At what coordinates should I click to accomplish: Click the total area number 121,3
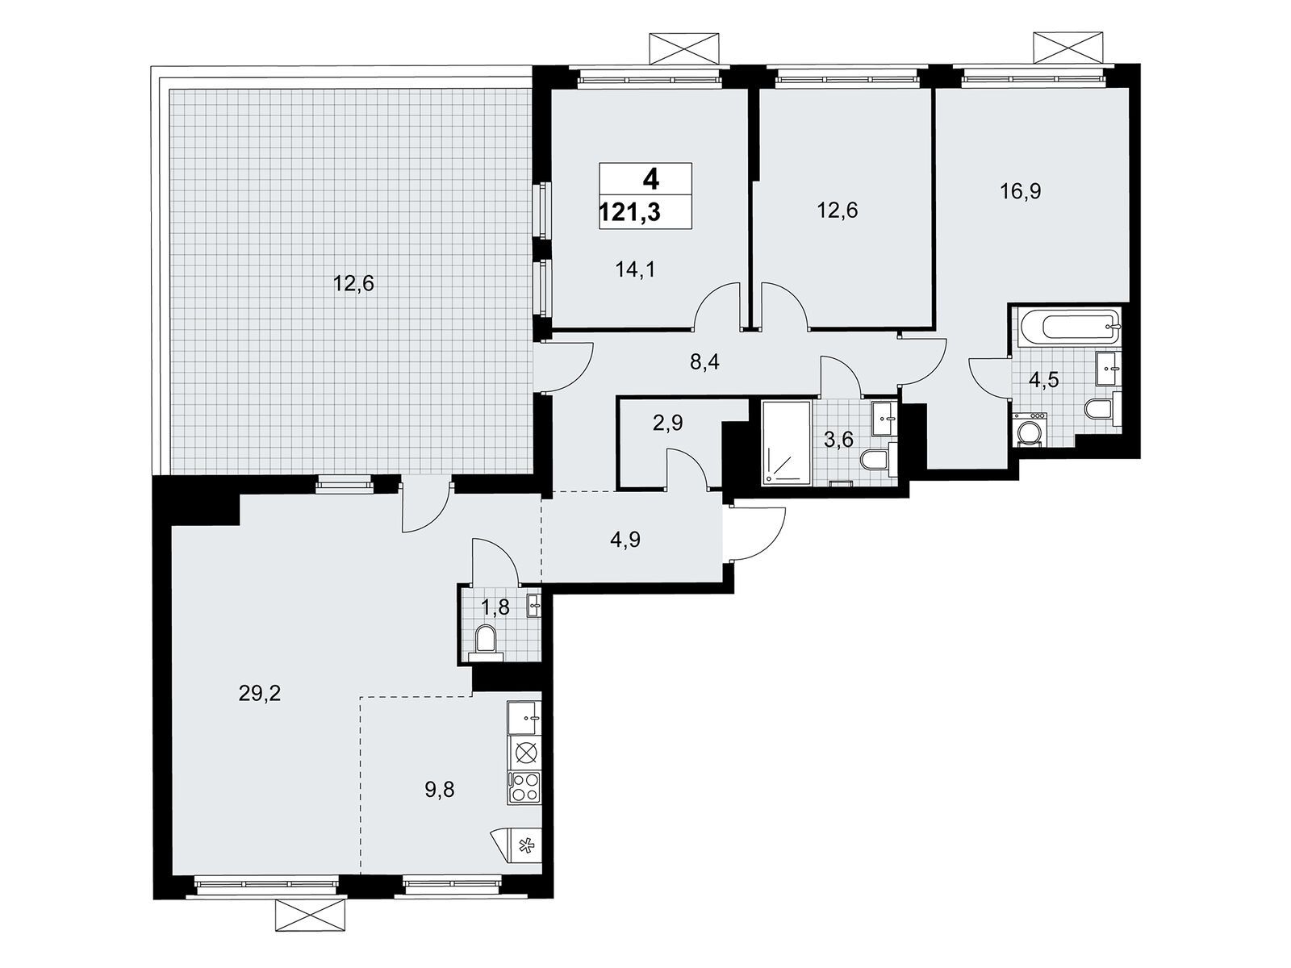click(x=630, y=211)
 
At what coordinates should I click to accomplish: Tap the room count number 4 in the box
click(x=650, y=179)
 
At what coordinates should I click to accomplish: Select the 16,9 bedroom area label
click(x=1021, y=191)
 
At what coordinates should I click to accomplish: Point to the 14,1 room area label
click(x=635, y=269)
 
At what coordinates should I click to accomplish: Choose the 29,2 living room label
click(x=259, y=694)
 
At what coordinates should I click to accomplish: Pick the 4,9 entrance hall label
click(x=625, y=539)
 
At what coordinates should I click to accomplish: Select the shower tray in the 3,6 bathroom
click(x=787, y=443)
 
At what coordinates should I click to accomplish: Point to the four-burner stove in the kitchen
click(x=524, y=787)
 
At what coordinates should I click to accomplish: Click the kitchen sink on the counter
click(x=524, y=718)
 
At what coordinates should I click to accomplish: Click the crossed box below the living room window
click(x=309, y=916)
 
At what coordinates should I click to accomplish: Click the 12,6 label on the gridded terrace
click(x=353, y=284)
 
